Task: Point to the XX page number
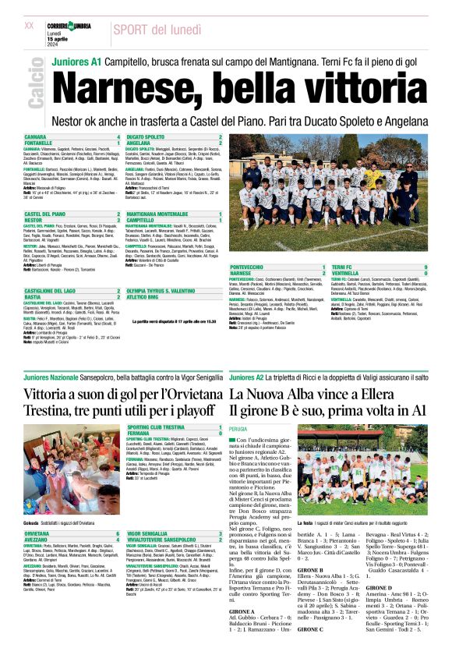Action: (30, 26)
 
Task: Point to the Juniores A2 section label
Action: (248, 377)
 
